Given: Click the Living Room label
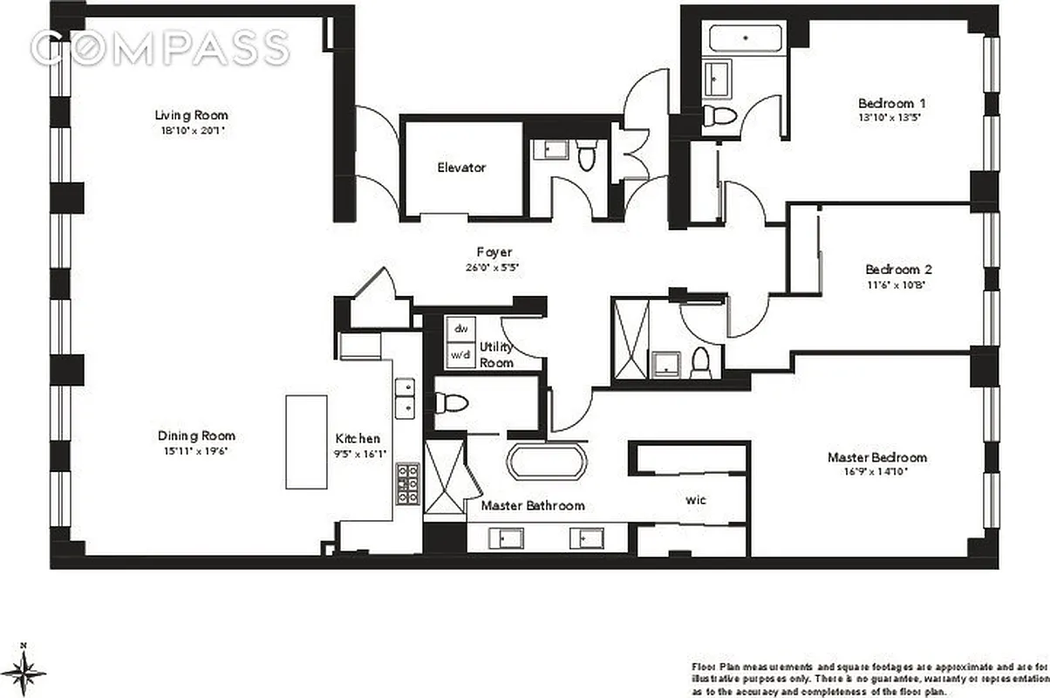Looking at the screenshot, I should coord(192,115).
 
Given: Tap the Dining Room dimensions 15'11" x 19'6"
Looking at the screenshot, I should coord(196,450).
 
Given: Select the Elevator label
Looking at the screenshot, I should coord(461,168).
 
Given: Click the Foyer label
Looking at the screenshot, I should coord(494,253).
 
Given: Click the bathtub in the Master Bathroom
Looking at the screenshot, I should coord(549,462).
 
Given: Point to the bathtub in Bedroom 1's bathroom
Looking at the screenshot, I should coord(744,39).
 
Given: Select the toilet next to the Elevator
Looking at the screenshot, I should coord(586,156).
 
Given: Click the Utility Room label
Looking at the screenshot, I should coord(496,354).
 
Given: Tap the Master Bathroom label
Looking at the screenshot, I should coord(532,505).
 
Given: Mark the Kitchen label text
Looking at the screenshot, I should coord(358,439).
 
